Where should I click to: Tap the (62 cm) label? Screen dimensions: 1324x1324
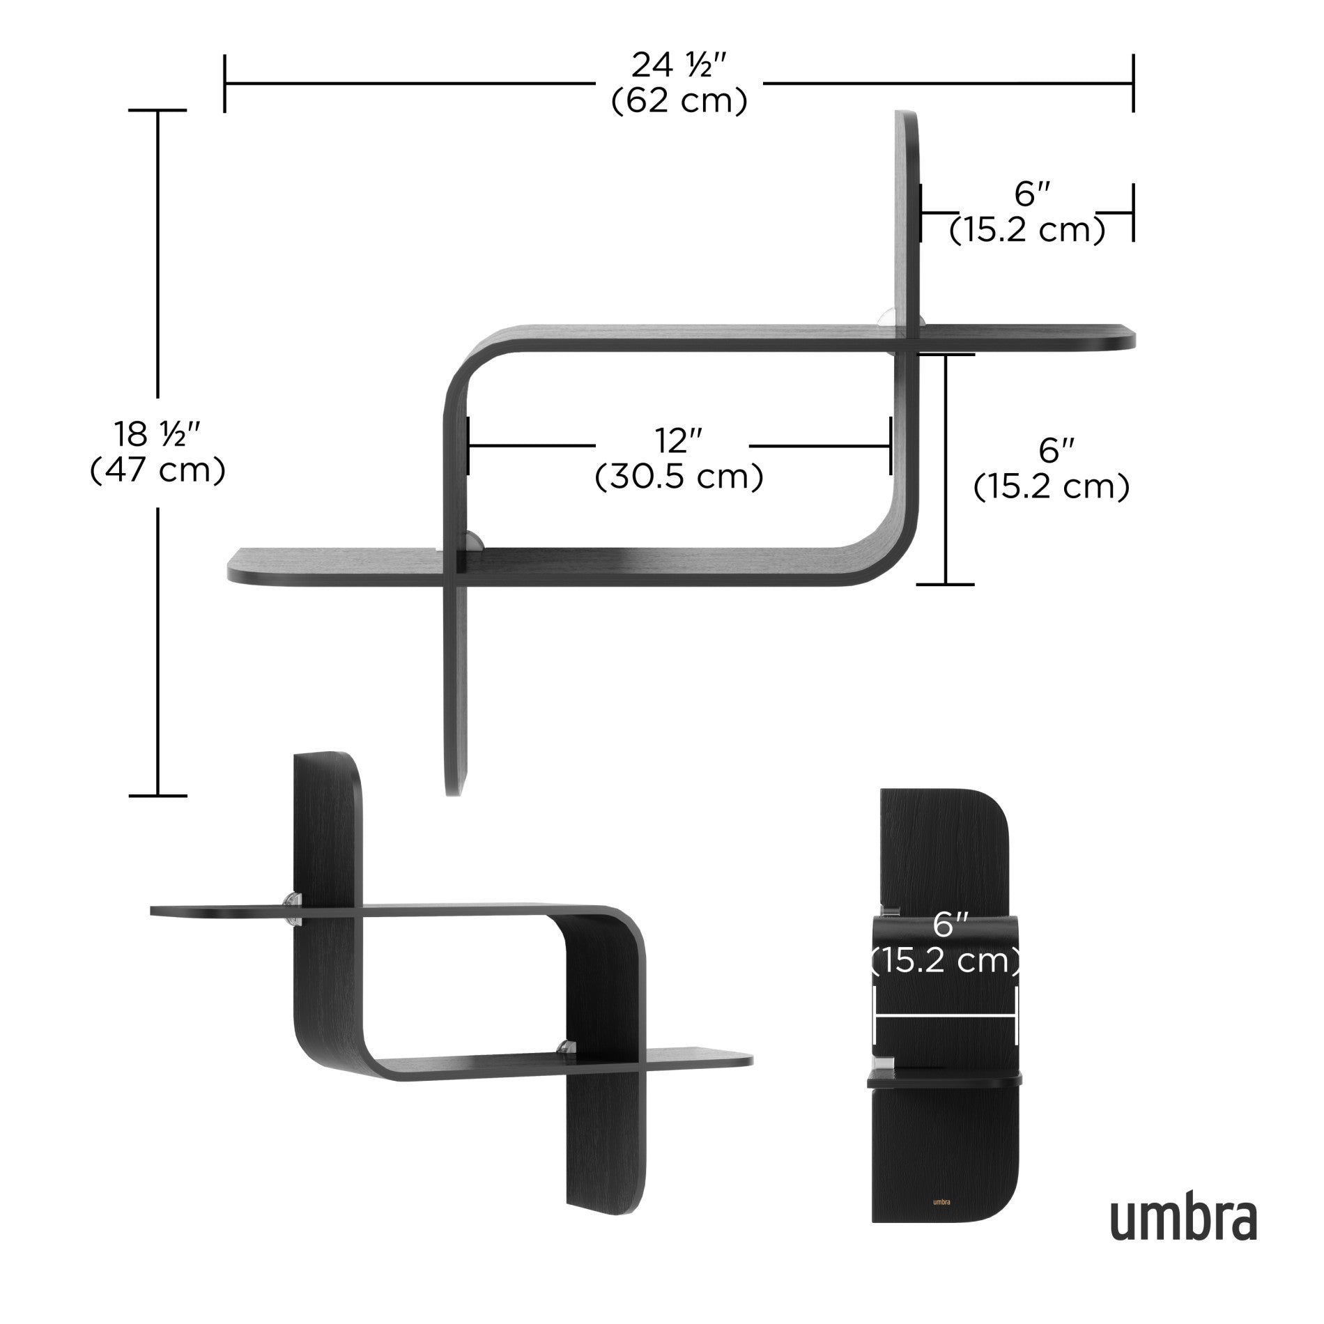click(x=679, y=102)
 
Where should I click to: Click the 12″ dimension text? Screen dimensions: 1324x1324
click(x=678, y=441)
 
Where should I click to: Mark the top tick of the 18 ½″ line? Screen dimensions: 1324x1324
click(x=157, y=110)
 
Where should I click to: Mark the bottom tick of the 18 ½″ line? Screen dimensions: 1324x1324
click(x=157, y=795)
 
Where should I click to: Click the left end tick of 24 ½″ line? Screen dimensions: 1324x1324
click(x=224, y=84)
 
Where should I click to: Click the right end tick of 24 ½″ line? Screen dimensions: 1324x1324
click(x=1134, y=84)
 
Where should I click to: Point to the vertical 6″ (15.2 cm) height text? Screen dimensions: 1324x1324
click(x=1051, y=468)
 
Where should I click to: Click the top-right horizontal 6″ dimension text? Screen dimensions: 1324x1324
click(x=1027, y=195)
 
